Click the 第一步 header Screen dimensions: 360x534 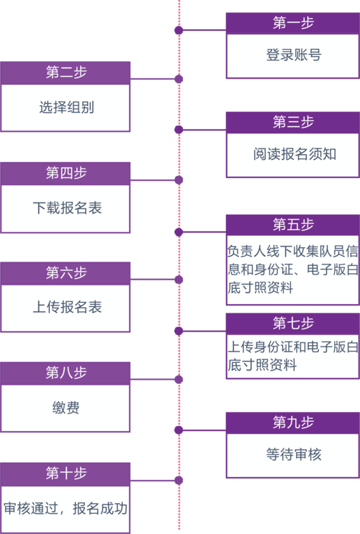[x=293, y=23]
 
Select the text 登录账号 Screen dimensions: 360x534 [x=294, y=55]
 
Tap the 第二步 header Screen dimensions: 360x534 [x=66, y=73]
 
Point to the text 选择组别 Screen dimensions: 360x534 [x=66, y=107]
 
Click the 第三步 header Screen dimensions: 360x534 [x=293, y=123]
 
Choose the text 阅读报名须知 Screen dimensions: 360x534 [x=294, y=154]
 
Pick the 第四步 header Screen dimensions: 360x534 [x=66, y=173]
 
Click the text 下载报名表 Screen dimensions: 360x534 [x=67, y=208]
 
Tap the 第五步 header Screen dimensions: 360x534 [x=293, y=225]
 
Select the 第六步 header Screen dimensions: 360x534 [x=66, y=273]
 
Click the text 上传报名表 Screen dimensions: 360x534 [x=67, y=307]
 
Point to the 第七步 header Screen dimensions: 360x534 [x=293, y=324]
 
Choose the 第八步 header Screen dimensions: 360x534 [x=66, y=373]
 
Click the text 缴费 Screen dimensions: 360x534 [x=66, y=408]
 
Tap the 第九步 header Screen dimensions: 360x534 [x=293, y=422]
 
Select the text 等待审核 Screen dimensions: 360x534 [x=294, y=454]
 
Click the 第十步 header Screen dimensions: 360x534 [x=66, y=473]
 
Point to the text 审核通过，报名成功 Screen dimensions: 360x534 [x=66, y=509]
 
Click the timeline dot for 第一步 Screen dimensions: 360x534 [x=179, y=30]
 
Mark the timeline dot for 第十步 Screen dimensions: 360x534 [x=179, y=481]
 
